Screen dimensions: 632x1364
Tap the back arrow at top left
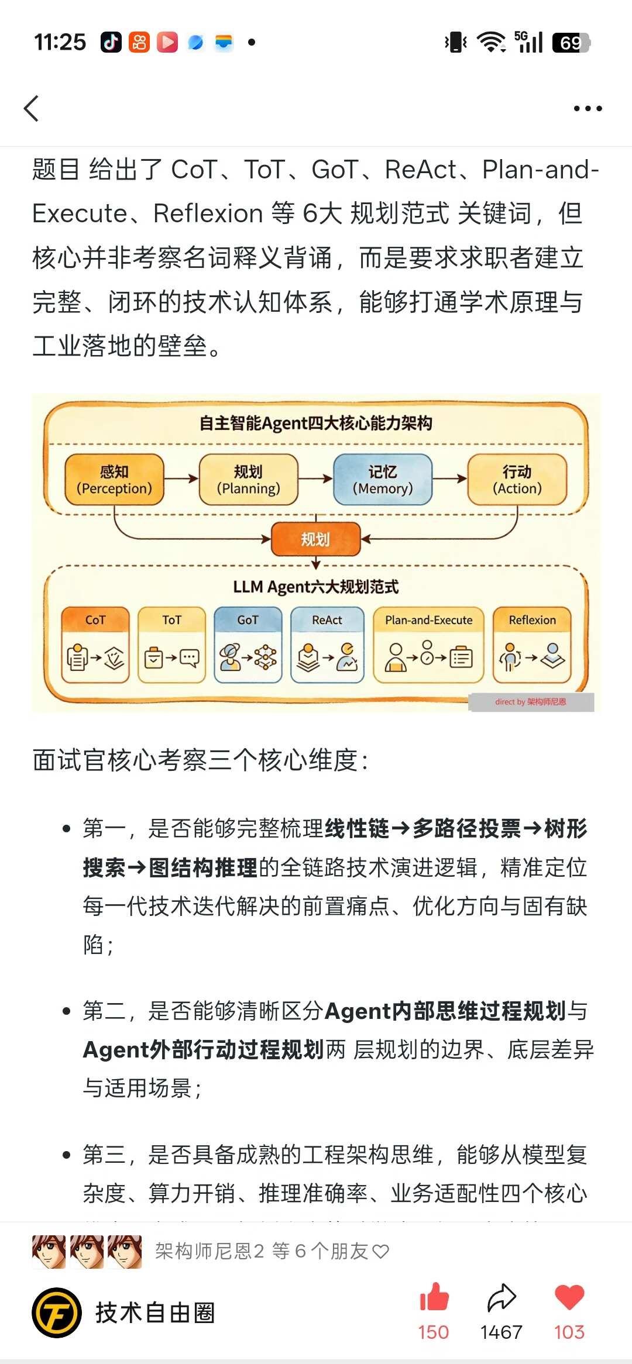click(32, 108)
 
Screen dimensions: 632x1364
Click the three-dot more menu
click(588, 108)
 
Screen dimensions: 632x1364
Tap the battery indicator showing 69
click(571, 42)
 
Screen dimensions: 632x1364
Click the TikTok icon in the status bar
click(111, 42)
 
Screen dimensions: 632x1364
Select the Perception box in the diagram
click(114, 480)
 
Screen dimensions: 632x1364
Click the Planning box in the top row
click(249, 480)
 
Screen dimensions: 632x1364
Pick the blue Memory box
click(383, 480)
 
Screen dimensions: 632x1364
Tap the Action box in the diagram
click(517, 480)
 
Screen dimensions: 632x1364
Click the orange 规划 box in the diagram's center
click(315, 539)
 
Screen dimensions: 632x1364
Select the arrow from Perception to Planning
click(181, 478)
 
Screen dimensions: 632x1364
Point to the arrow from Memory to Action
click(450, 478)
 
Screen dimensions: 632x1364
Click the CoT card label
click(95, 620)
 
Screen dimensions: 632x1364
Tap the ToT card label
click(171, 620)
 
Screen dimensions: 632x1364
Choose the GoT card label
click(248, 620)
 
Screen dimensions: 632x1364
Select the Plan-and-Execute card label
click(429, 620)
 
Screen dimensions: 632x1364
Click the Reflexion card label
click(533, 620)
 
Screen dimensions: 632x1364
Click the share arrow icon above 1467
click(502, 1297)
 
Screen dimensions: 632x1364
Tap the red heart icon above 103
click(569, 1297)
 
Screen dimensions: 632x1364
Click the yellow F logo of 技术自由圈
click(56, 1313)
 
